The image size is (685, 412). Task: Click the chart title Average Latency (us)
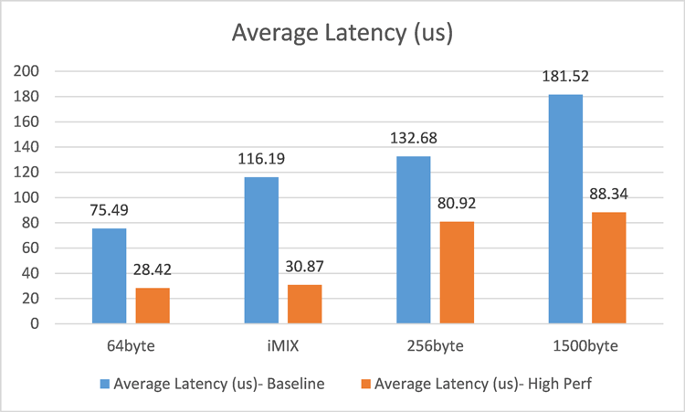(342, 34)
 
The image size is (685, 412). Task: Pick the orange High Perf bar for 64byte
(153, 305)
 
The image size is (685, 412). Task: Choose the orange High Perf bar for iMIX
(305, 304)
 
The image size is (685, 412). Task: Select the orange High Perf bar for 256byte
(457, 272)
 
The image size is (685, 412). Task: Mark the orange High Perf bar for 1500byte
(608, 268)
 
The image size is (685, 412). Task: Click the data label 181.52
(565, 78)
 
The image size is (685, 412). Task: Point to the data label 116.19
(261, 161)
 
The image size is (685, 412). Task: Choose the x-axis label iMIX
(283, 347)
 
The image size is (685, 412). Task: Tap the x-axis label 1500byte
(587, 347)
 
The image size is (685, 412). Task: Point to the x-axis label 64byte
(131, 347)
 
